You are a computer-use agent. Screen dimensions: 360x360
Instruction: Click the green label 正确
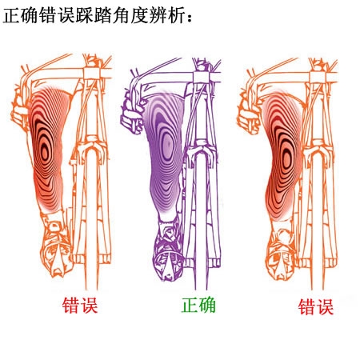click(x=198, y=306)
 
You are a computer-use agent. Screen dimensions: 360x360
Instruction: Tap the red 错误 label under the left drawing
click(x=80, y=306)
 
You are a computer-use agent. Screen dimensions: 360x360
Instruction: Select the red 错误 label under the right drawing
click(x=316, y=307)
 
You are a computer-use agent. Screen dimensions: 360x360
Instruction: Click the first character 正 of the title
click(x=11, y=15)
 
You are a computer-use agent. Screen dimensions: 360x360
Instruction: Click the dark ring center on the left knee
click(x=45, y=153)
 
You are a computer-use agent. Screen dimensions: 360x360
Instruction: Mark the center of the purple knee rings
click(x=167, y=144)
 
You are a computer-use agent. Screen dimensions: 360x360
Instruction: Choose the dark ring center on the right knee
click(x=286, y=159)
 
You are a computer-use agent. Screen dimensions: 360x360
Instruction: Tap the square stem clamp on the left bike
click(x=91, y=74)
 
